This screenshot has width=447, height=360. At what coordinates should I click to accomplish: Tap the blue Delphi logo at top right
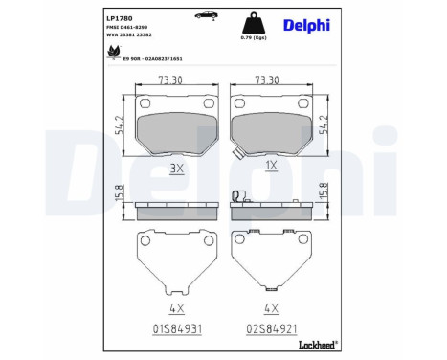pos(307,26)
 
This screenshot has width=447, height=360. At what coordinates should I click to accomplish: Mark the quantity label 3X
pos(175,166)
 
